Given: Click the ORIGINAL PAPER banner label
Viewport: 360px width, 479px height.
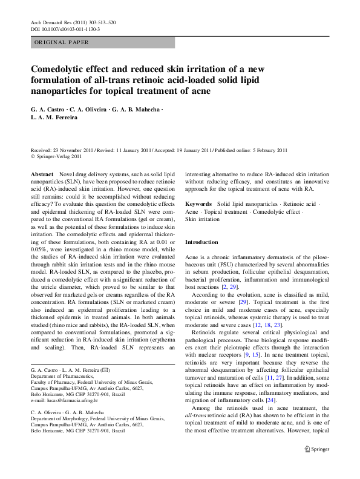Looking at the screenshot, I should pyautogui.click(x=62, y=42).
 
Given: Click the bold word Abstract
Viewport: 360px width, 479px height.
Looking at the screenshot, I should pyautogui.click(x=41, y=173).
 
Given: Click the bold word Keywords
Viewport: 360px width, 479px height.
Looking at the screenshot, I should pyautogui.click(x=198, y=205).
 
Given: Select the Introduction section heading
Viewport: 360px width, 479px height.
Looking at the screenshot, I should pyautogui.click(x=201, y=242).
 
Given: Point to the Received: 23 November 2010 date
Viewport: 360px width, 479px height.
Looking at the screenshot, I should pyautogui.click(x=63, y=150).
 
